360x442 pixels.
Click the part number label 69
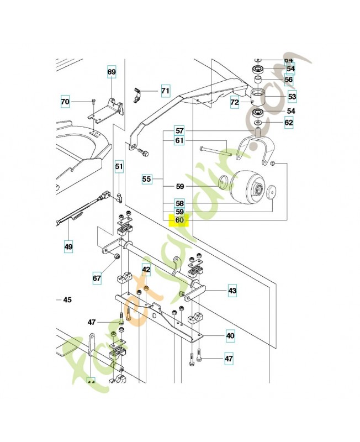click(112, 72)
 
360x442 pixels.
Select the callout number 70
click(65, 102)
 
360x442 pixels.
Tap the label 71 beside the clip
click(166, 90)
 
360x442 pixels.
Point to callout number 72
click(235, 102)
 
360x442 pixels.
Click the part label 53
click(292, 96)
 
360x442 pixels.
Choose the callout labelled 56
click(289, 80)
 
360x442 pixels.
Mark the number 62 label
click(289, 123)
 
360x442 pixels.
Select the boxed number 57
click(179, 131)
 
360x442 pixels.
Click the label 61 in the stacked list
click(179, 141)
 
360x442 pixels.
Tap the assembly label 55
click(146, 179)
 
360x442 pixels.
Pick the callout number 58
click(179, 202)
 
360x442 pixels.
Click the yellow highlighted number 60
click(179, 220)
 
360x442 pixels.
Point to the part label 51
click(119, 166)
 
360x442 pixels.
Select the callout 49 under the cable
click(68, 246)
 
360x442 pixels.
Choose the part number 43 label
click(232, 291)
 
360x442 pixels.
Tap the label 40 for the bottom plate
click(230, 335)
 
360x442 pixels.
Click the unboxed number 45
click(67, 301)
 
